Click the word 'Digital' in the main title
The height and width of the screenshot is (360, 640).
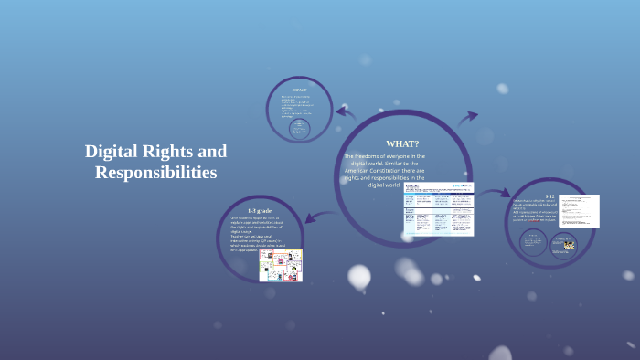[x=113, y=151]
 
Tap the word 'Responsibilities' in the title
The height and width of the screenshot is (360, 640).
[x=155, y=172]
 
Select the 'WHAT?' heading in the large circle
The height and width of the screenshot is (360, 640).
[x=402, y=143]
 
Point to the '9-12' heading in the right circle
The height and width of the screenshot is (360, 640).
[x=549, y=196]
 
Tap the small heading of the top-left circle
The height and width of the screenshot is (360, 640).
[x=299, y=90]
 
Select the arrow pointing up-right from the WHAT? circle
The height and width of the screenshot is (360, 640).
[x=468, y=117]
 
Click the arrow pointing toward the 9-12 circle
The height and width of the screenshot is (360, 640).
[x=496, y=193]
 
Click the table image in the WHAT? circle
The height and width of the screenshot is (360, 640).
[x=439, y=208]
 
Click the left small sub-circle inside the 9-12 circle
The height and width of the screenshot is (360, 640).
[x=533, y=242]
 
